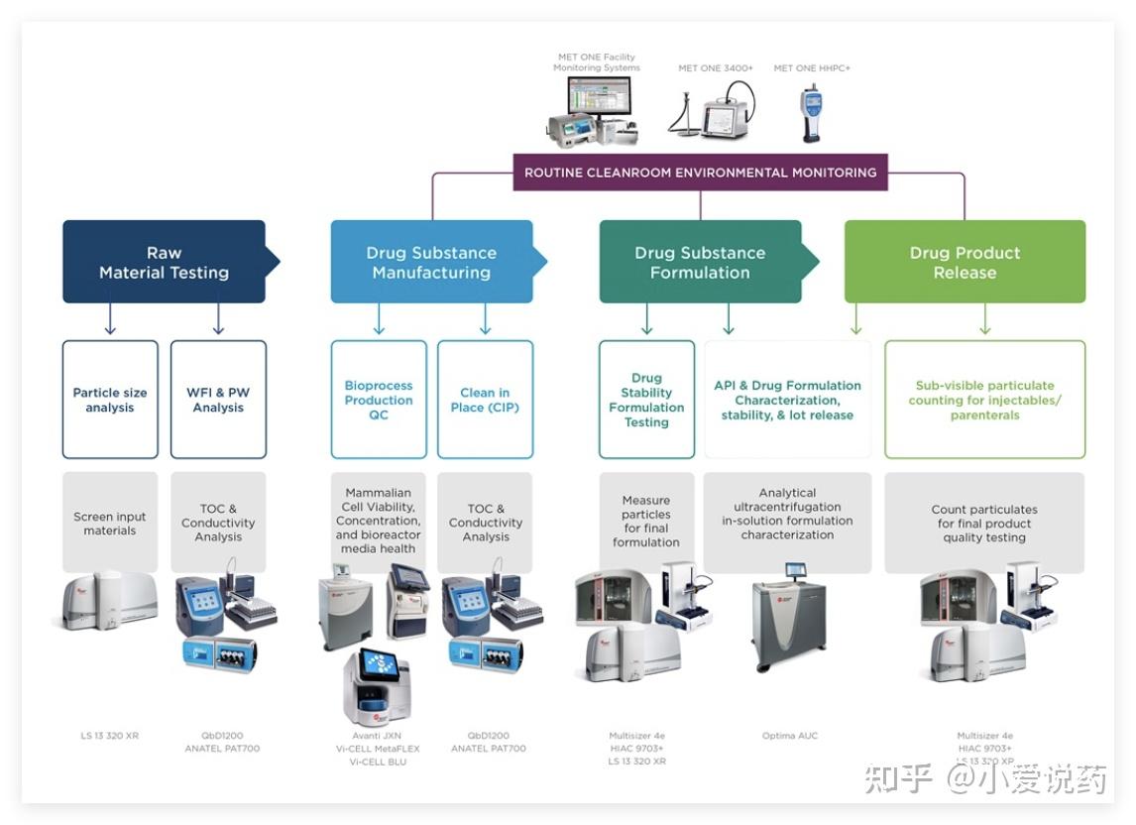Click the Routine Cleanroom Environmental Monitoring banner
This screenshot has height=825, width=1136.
[x=700, y=173]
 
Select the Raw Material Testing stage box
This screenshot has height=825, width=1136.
[x=164, y=262]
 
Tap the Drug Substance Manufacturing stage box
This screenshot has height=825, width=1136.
[x=431, y=262]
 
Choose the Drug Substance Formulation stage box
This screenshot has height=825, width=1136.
[x=700, y=262]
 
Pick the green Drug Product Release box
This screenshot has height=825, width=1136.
[x=965, y=262]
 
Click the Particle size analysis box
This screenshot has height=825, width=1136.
[x=110, y=400]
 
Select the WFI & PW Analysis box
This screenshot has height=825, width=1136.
[x=218, y=400]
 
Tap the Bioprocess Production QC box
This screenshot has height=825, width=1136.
[x=379, y=400]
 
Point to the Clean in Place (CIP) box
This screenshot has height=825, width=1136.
[x=485, y=400]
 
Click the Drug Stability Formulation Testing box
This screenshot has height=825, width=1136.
[x=646, y=400]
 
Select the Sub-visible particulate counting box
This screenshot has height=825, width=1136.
[x=984, y=400]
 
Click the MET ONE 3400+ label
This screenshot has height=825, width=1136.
[x=716, y=68]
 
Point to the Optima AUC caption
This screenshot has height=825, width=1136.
[x=790, y=736]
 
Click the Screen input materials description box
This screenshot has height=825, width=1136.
[x=110, y=523]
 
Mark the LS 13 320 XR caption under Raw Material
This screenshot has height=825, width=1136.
[x=110, y=736]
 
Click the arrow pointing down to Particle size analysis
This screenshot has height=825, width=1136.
[x=110, y=321]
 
